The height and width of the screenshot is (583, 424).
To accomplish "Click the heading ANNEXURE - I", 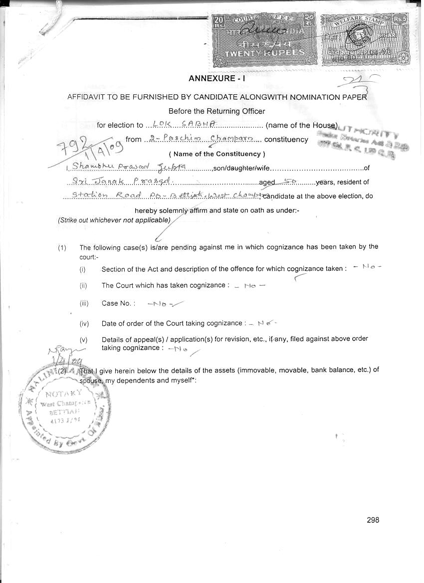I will click(217, 78).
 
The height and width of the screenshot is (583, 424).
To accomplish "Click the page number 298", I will click(373, 520).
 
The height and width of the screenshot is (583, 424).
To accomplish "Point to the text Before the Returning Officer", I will click(216, 111).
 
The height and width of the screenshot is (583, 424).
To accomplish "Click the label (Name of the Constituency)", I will click(217, 154).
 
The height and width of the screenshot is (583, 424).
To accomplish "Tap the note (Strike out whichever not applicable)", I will click(114, 220).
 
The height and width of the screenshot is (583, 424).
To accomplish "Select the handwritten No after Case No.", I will click(160, 303).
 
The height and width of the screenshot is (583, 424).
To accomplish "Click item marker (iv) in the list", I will click(84, 324).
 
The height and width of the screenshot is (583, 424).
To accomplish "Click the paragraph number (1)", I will click(62, 247).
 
